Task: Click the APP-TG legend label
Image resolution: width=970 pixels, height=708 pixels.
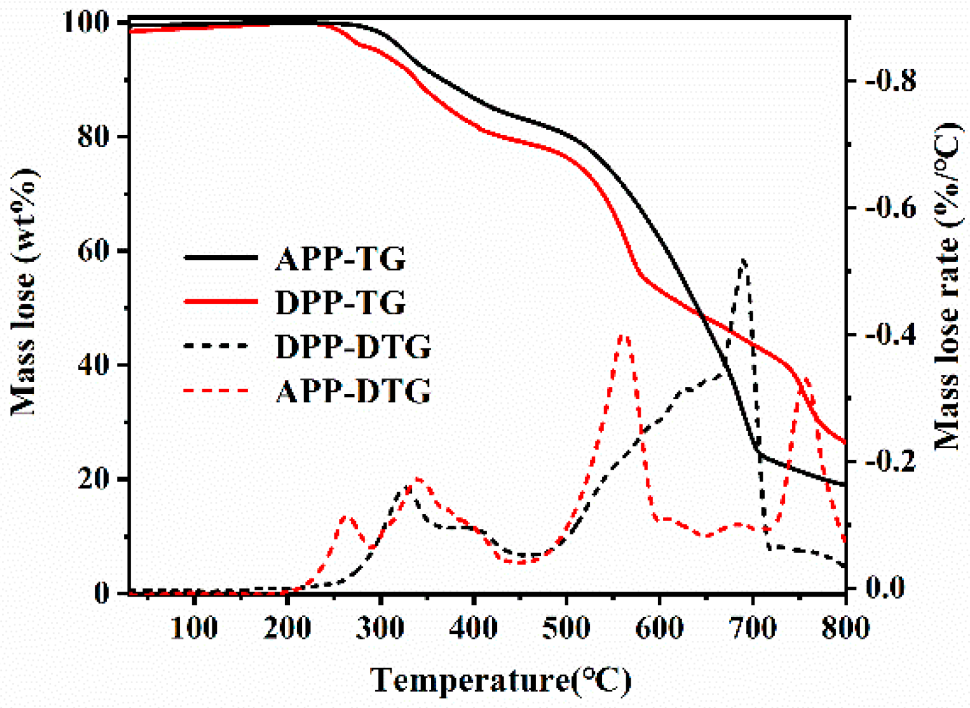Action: [x=340, y=258]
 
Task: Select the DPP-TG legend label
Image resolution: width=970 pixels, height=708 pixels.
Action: [x=340, y=302]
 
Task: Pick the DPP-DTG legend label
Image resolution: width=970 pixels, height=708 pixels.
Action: [x=352, y=347]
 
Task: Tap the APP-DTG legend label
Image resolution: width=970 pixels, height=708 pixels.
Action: [x=352, y=391]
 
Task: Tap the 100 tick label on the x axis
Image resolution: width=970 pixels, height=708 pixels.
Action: [x=194, y=628]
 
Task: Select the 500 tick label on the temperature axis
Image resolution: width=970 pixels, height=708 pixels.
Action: [x=566, y=628]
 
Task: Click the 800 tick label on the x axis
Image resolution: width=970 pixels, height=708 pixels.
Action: [x=845, y=628]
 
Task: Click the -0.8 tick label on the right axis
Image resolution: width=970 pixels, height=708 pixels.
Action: [x=890, y=81]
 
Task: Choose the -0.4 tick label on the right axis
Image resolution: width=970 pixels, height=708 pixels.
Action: [x=890, y=335]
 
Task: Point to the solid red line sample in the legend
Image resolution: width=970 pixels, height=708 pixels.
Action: [x=221, y=302]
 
